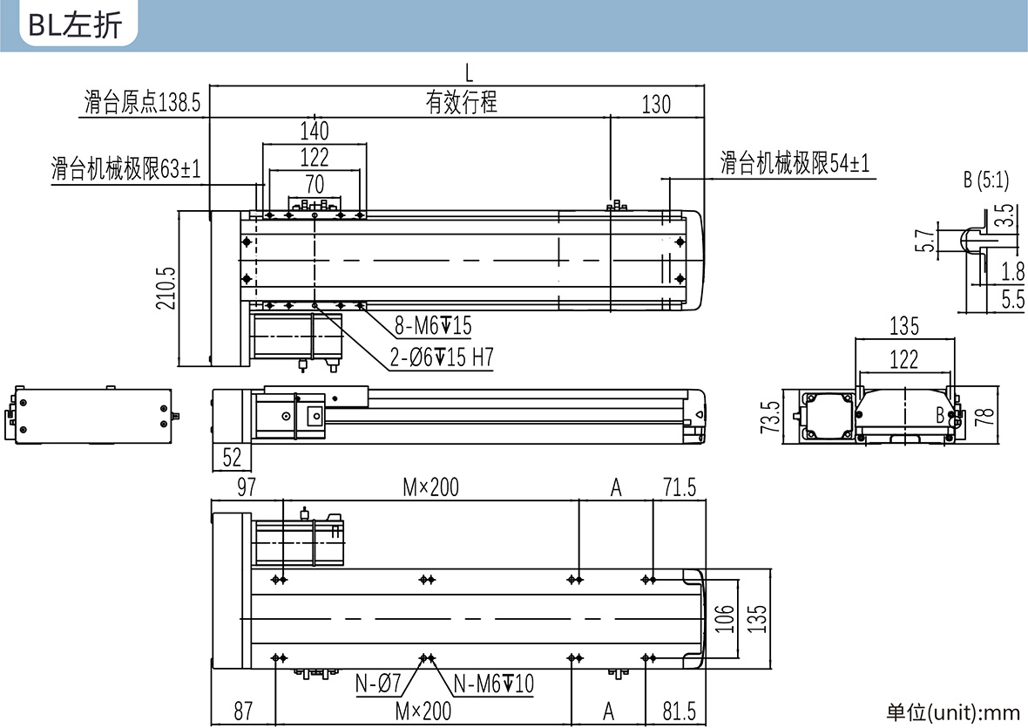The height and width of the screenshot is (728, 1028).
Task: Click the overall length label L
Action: [x=469, y=73]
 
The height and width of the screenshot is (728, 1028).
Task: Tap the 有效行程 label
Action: [x=462, y=102]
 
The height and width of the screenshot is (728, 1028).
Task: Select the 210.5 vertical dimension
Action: [x=166, y=288]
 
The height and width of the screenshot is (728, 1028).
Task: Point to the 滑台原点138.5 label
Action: [x=142, y=102]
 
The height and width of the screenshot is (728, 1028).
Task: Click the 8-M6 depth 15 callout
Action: [x=433, y=325]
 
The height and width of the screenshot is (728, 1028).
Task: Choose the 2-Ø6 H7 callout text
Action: [x=441, y=357]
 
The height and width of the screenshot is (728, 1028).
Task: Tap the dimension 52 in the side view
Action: [x=232, y=457]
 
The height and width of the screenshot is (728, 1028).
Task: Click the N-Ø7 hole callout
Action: [x=377, y=684]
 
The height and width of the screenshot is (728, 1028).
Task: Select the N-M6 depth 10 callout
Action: [x=494, y=684]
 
